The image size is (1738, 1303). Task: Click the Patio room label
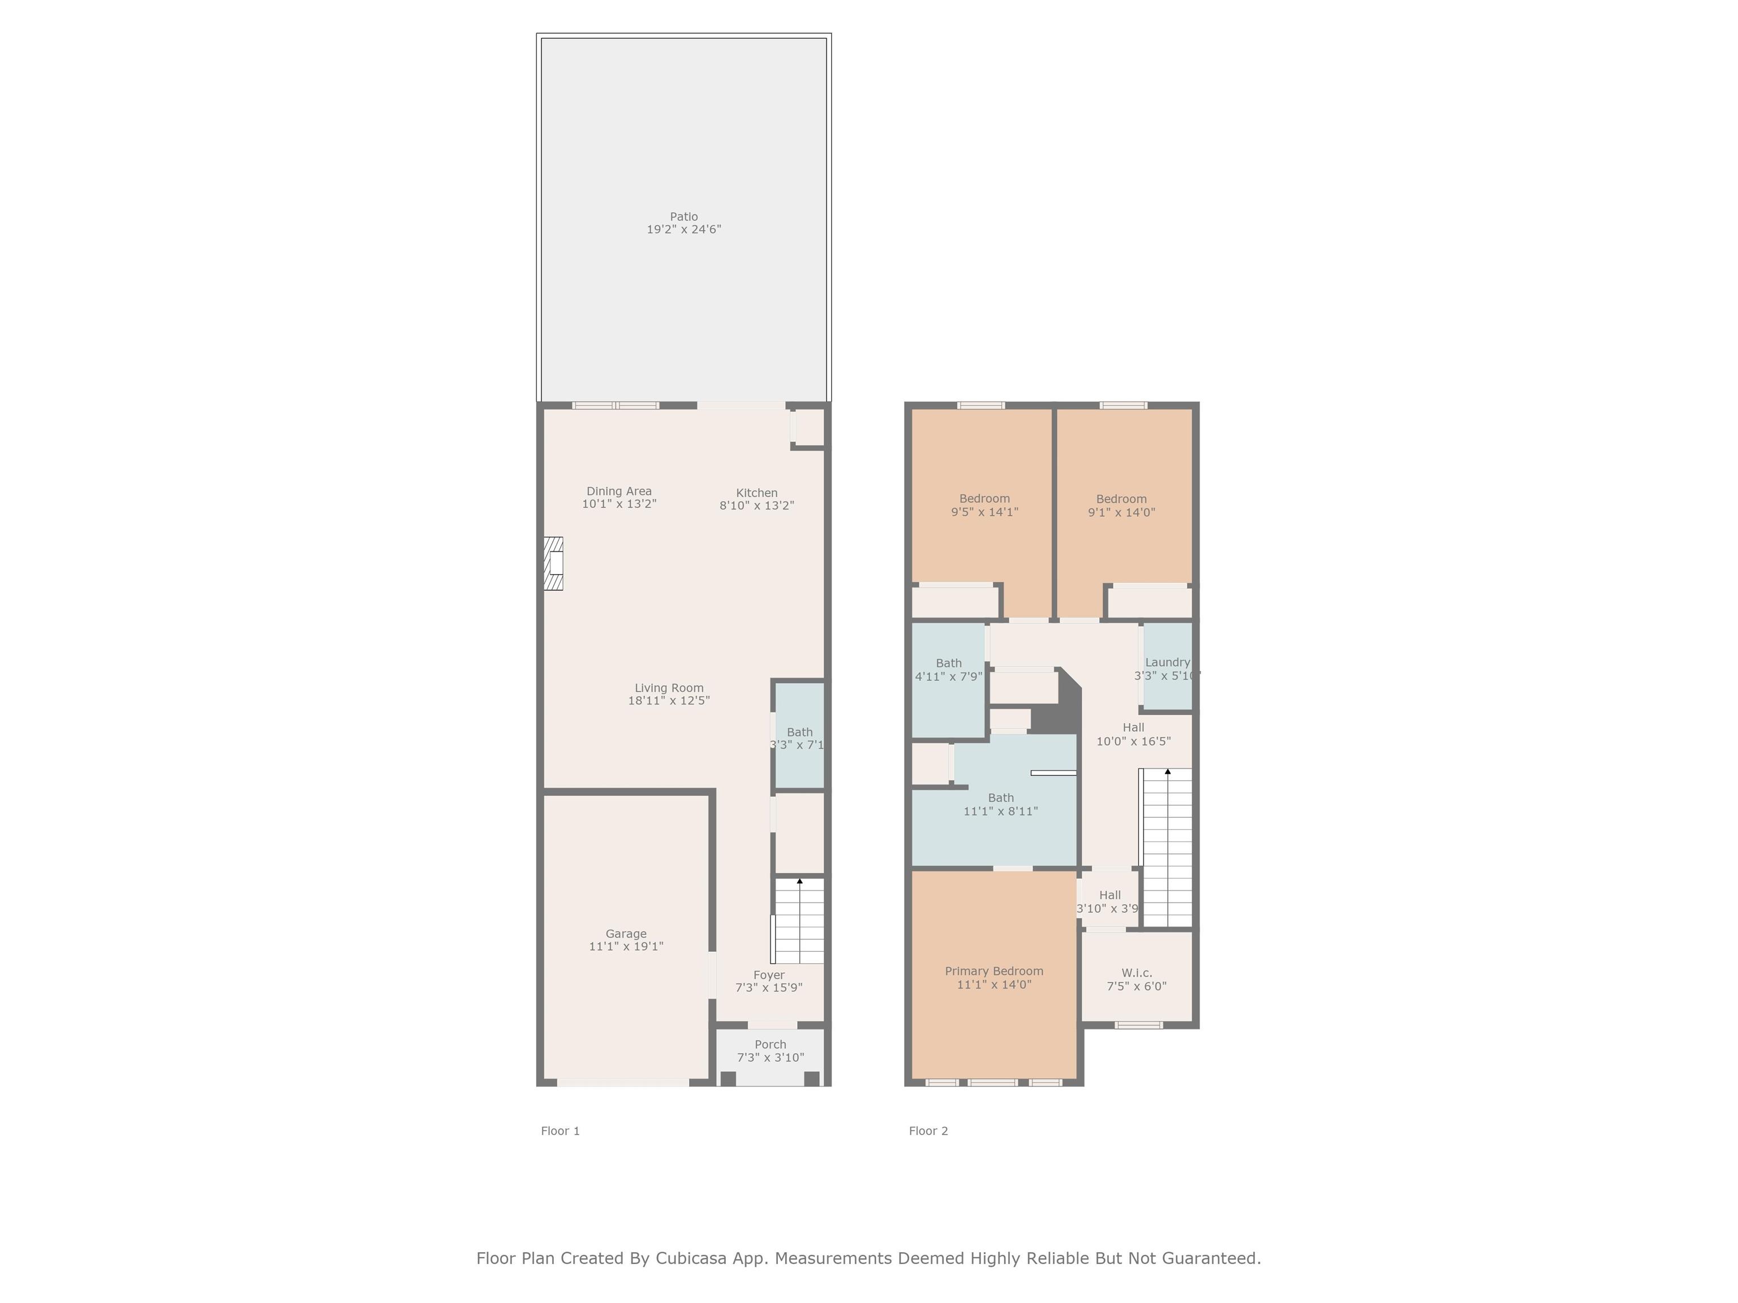click(683, 217)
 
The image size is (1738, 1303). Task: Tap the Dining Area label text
click(619, 491)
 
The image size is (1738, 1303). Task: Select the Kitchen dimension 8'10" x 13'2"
click(756, 506)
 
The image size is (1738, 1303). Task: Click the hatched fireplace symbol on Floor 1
click(554, 563)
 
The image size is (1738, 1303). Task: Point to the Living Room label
click(669, 688)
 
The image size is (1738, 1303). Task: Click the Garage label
click(626, 934)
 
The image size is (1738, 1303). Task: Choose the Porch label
click(770, 1045)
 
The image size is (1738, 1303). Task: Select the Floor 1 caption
click(560, 1131)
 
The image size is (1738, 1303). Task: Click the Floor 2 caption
click(929, 1131)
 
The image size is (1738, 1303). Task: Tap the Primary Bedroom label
click(994, 972)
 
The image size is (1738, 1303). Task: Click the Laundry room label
click(1168, 663)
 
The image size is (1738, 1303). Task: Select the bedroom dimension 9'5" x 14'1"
click(984, 512)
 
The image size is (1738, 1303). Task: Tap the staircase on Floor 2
click(1166, 848)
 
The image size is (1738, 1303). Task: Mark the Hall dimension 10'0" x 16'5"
click(1134, 741)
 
